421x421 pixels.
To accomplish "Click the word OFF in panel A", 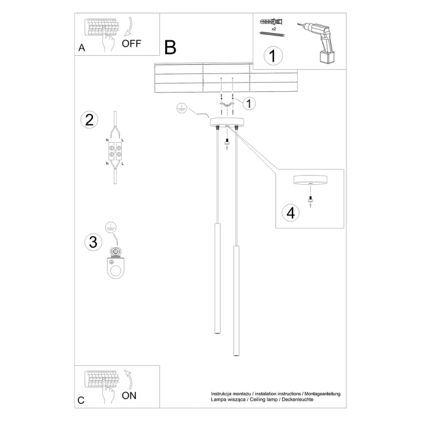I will pos(131,43).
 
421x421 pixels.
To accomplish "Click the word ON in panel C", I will pos(129,395).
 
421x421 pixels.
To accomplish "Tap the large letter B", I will pos(170,47).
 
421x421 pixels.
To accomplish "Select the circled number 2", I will pos(89,119).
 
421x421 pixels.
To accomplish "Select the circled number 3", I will pos(92,242).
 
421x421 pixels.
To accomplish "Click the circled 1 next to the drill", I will pos(273,56).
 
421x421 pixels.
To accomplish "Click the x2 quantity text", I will pos(274,28).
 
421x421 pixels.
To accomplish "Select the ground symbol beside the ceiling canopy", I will pos(181,108).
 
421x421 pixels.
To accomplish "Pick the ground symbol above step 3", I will pos(110,226).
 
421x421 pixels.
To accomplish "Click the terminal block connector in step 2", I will pos(114,151).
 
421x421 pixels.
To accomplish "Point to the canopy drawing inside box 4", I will pos(310,181).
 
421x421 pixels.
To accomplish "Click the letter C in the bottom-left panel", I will pos(81,400).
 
